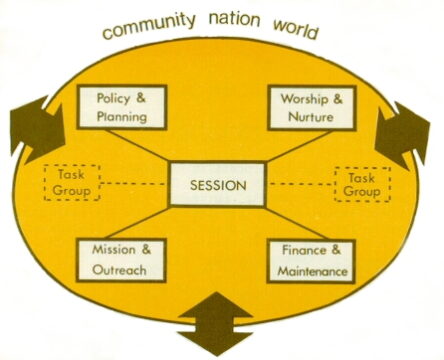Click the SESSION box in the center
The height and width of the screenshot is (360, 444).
pyautogui.click(x=218, y=184)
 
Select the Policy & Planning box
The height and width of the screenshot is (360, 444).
pyautogui.click(x=121, y=107)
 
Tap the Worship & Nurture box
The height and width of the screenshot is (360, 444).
pyautogui.click(x=312, y=107)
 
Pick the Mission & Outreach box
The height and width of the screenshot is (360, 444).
pyautogui.click(x=121, y=261)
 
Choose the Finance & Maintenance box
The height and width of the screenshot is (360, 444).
pyautogui.click(x=312, y=262)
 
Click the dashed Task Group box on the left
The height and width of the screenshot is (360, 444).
pyautogui.click(x=72, y=183)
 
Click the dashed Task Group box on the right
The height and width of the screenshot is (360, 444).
pyautogui.click(x=362, y=185)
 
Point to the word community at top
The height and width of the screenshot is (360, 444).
pyautogui.click(x=148, y=26)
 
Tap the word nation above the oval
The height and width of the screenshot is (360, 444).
pyautogui.click(x=234, y=20)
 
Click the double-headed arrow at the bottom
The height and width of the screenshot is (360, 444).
pyautogui.click(x=216, y=324)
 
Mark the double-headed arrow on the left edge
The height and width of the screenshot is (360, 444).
pyautogui.click(x=37, y=129)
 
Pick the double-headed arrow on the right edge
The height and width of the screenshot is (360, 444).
pyautogui.click(x=402, y=135)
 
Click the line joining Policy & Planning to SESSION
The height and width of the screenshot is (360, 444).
pyautogui.click(x=138, y=145)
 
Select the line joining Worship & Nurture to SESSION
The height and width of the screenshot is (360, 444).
pyautogui.click(x=299, y=146)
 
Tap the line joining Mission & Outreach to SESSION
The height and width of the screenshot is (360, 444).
pyautogui.click(x=138, y=223)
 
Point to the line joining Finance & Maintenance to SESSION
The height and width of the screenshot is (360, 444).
pyautogui.click(x=297, y=223)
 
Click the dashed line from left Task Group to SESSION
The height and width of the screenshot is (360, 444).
pyautogui.click(x=134, y=183)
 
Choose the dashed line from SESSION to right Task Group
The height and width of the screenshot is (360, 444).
pyautogui.click(x=301, y=184)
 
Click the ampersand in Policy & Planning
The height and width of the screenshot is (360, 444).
pyautogui.click(x=140, y=97)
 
